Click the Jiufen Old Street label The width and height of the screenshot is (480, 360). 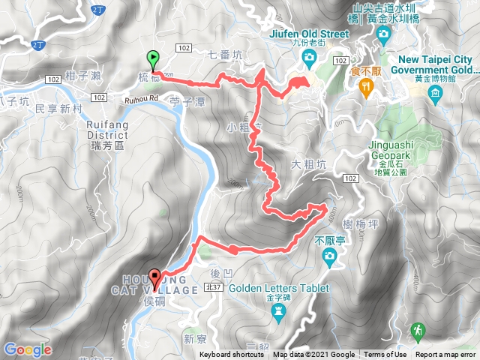[309, 34]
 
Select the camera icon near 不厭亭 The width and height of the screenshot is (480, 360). [328, 258]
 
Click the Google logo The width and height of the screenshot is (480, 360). [27, 349]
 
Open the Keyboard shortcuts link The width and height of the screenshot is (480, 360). [232, 355]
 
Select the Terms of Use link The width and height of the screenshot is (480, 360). [385, 355]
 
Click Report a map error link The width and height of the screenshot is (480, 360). [446, 355]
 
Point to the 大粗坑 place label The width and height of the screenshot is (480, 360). [308, 164]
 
